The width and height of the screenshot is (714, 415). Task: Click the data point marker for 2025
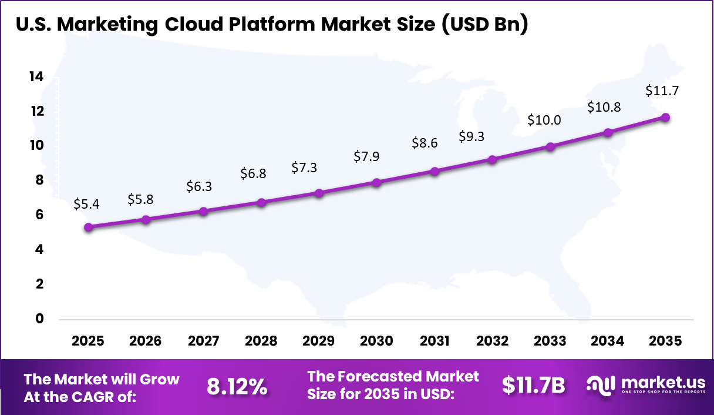click(88, 227)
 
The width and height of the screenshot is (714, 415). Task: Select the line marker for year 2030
click(376, 182)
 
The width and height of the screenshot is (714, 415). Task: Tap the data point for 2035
click(665, 117)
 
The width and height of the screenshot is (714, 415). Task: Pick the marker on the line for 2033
click(550, 146)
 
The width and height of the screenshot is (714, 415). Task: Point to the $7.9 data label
click(366, 157)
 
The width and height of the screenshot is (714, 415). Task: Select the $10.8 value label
click(604, 108)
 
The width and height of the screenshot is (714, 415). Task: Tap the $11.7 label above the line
click(662, 91)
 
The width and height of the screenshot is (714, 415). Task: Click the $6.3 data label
click(199, 186)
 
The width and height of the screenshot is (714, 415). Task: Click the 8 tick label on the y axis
click(39, 180)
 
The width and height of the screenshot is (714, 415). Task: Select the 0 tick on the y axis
click(39, 319)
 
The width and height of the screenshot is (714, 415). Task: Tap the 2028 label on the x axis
click(261, 342)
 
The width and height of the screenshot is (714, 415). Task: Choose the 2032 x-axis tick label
click(492, 342)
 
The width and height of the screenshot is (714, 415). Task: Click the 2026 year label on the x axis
click(146, 342)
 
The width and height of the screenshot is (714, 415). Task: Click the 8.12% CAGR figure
click(237, 386)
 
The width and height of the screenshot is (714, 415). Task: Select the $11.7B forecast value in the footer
click(533, 385)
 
